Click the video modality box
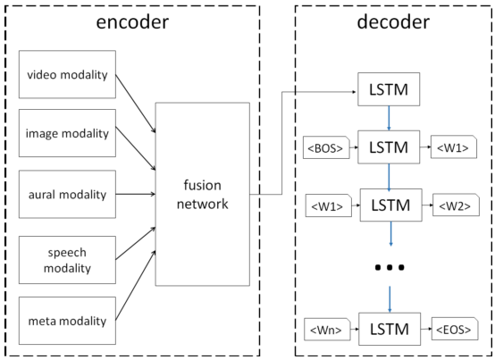click(x=67, y=74)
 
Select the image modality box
click(x=67, y=133)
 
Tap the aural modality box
click(x=67, y=194)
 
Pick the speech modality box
click(x=67, y=260)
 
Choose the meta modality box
click(x=67, y=321)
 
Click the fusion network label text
click(x=202, y=195)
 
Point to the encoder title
click(x=132, y=22)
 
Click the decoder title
click(x=393, y=22)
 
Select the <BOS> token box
click(x=326, y=147)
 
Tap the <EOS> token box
click(x=455, y=329)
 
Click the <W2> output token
click(x=456, y=205)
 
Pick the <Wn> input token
click(x=327, y=330)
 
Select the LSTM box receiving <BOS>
click(x=389, y=147)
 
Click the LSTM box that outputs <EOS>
click(x=390, y=329)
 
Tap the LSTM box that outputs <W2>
click(x=390, y=205)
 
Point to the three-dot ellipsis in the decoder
click(x=390, y=268)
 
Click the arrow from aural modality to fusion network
click(x=136, y=194)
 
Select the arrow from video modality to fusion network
click(x=136, y=104)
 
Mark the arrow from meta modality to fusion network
click(x=136, y=286)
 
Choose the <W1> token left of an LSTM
click(x=328, y=205)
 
